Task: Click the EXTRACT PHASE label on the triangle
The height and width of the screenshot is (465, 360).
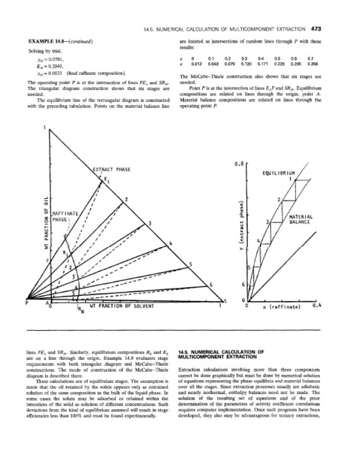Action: point(111,169)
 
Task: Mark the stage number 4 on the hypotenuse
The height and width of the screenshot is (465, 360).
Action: point(171,242)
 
